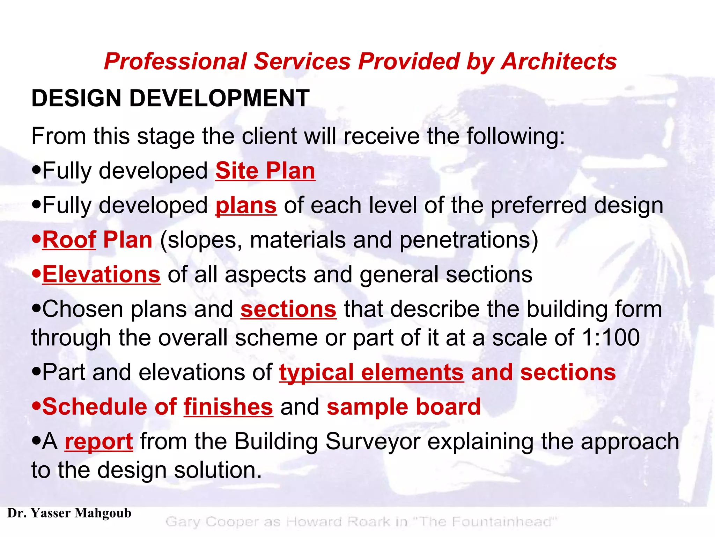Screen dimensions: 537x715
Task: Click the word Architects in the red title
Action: coord(559,62)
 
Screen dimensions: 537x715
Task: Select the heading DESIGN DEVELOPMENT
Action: coord(170,98)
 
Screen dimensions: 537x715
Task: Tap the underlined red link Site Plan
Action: coord(265,171)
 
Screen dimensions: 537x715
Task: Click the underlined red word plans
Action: coord(246,206)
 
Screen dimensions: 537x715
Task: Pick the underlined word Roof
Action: coord(69,240)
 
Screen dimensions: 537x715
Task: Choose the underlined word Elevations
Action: coord(101,275)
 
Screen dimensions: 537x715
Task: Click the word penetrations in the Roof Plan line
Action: coord(464,240)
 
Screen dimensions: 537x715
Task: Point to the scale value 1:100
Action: coord(611,338)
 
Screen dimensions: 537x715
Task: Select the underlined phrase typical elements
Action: coord(371,372)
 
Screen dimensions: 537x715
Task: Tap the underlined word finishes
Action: coord(228,407)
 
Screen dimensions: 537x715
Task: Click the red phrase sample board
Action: coord(404,407)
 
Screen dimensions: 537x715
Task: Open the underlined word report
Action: coord(99,442)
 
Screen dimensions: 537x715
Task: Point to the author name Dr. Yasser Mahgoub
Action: coord(69,513)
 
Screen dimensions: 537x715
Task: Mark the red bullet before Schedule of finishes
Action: coord(36,407)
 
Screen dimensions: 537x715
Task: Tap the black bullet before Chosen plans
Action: coord(36,309)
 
